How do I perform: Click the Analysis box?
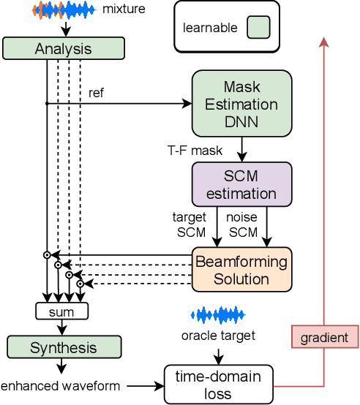[64, 48]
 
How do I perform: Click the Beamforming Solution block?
[241, 270]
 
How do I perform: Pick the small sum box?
[62, 311]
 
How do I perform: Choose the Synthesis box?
[63, 347]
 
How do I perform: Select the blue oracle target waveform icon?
[219, 315]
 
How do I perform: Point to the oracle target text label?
[219, 336]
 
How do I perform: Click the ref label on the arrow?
[96, 94]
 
